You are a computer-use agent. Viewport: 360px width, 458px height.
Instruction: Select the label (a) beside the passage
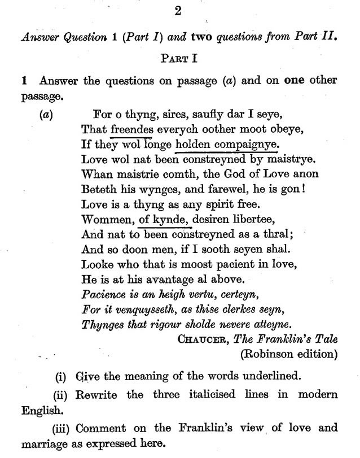click(x=46, y=114)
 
